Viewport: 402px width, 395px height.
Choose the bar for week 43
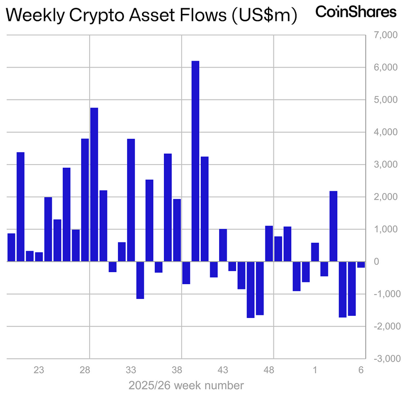pyautogui.click(x=223, y=245)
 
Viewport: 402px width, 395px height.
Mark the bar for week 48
pyautogui.click(x=269, y=244)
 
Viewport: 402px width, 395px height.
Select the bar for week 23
pyautogui.click(x=39, y=257)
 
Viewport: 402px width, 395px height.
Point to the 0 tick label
pyautogui.click(x=391, y=262)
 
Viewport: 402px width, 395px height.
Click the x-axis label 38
pyautogui.click(x=177, y=370)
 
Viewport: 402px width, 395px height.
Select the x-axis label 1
pyautogui.click(x=315, y=370)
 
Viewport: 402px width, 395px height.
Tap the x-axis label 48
pyautogui.click(x=269, y=370)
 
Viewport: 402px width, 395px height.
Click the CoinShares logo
pyautogui.click(x=356, y=12)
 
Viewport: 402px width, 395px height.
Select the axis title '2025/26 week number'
pyautogui.click(x=186, y=385)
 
